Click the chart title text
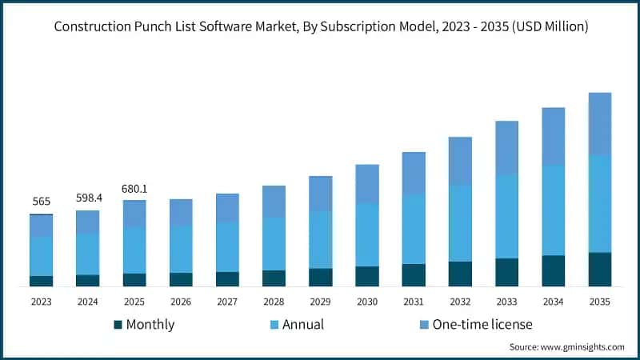pos(320,27)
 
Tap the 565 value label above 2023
pos(41,202)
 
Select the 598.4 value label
pos(87,198)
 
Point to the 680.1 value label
pos(134,189)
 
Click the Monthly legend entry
pos(144,324)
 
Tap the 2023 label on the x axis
pos(41,302)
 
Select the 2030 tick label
pos(366,302)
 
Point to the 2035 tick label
pos(599,302)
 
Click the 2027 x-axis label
pos(227,302)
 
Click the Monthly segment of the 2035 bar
pos(599,270)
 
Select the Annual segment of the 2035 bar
pos(599,203)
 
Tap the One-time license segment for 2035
pos(599,123)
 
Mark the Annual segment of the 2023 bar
pos(41,256)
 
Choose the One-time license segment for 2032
pos(460,161)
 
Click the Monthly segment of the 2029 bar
pos(320,278)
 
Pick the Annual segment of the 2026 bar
pos(181,249)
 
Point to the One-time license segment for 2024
pos(87,222)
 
